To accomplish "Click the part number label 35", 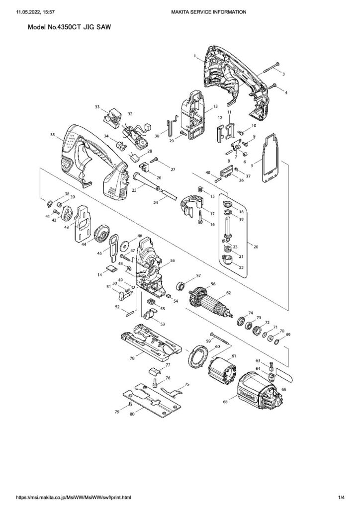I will coord(52,135).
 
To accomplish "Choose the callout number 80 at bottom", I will coord(132,414).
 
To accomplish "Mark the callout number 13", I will coord(215,107).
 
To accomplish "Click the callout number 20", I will coord(256,247).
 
